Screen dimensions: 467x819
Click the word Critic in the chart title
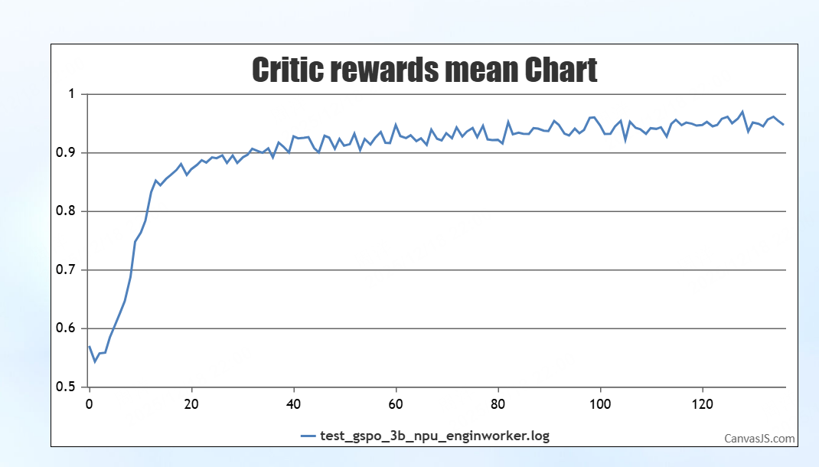tap(286, 70)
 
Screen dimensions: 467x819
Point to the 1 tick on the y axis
tap(73, 94)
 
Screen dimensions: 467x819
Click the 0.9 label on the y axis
tap(68, 153)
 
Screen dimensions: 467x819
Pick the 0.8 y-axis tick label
tap(68, 211)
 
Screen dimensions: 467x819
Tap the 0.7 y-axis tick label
tap(68, 270)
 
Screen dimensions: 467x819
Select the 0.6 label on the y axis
tap(68, 328)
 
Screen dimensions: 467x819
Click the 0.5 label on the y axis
tap(68, 387)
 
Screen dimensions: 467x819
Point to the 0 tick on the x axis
tap(90, 403)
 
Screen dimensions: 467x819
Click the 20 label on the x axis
tap(191, 403)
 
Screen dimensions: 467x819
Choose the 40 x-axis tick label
tap(294, 403)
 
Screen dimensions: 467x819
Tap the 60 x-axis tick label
tap(396, 403)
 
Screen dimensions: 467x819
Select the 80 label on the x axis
tap(498, 403)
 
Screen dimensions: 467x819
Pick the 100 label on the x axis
tap(601, 403)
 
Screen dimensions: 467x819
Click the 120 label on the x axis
tap(703, 403)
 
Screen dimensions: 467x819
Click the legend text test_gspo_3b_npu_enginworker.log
tap(435, 436)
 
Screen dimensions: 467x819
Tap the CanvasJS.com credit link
tap(759, 439)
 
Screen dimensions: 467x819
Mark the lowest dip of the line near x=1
tap(95, 361)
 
